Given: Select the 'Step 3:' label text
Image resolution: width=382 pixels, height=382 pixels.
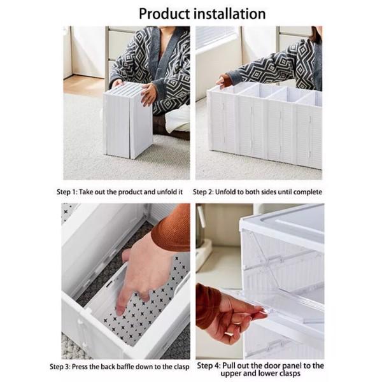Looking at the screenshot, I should click(x=64, y=366).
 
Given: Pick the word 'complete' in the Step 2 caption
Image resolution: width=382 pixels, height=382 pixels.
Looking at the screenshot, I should click(x=306, y=191).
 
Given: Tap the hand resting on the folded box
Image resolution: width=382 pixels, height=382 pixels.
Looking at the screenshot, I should click(x=148, y=94).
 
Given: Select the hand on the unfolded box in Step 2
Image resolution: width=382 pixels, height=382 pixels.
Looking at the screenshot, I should click(x=224, y=81).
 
